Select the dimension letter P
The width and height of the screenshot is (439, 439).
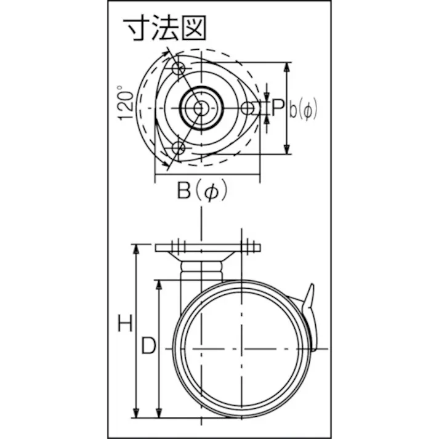coord(278,108)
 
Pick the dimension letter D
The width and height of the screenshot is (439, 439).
coord(148,347)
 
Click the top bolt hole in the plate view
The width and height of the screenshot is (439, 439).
coord(179,70)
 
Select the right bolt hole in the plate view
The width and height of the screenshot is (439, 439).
coord(248,108)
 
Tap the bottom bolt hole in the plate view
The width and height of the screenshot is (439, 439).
coord(179,148)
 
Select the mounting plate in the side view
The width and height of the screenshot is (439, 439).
coord(207,248)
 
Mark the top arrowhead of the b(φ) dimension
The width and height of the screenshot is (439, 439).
coord(286,66)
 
